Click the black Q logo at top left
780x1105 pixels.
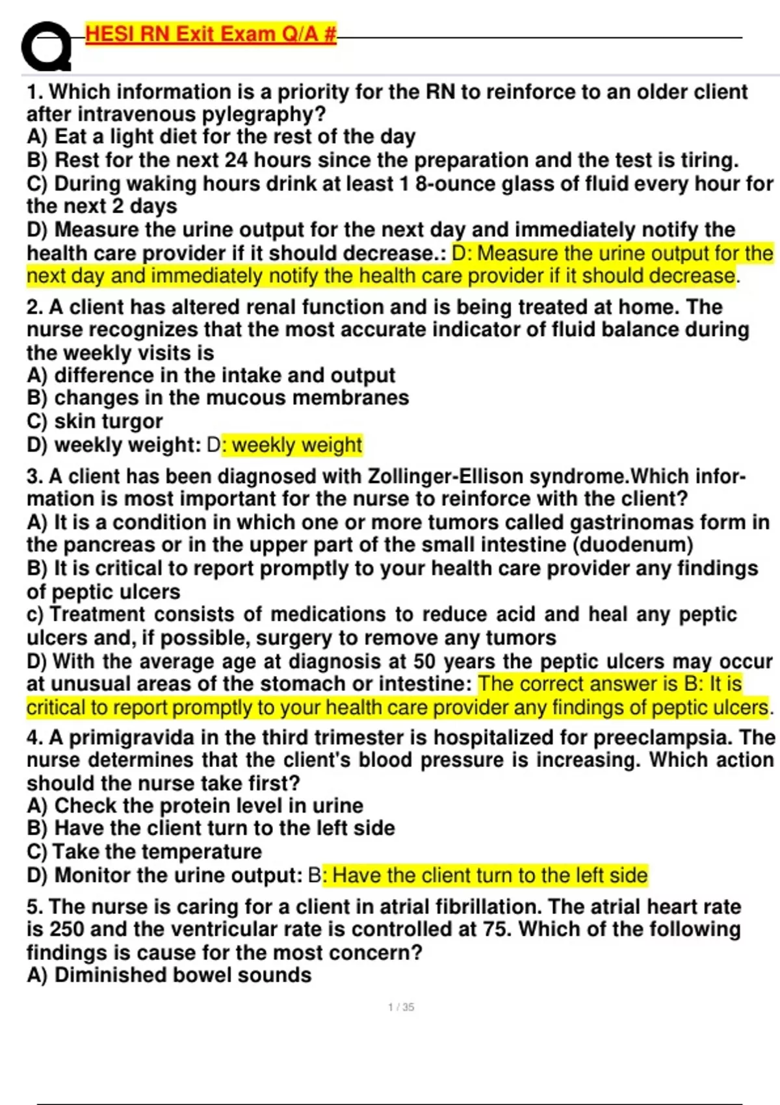(45, 47)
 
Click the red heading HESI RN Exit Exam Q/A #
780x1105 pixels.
(211, 34)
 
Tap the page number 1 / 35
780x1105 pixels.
(401, 1007)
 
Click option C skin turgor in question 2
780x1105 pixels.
(95, 421)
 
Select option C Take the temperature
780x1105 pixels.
(144, 851)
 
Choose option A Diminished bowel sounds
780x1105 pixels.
(169, 975)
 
